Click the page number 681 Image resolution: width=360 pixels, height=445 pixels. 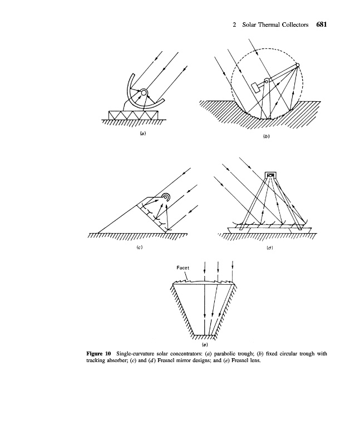click(320, 25)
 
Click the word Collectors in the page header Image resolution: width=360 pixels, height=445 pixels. click(294, 25)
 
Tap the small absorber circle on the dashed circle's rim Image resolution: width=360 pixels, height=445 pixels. click(298, 66)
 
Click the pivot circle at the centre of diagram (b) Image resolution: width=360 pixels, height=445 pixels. click(266, 82)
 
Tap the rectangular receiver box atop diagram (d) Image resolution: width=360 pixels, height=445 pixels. click(270, 176)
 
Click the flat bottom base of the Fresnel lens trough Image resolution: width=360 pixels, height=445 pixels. click(205, 336)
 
